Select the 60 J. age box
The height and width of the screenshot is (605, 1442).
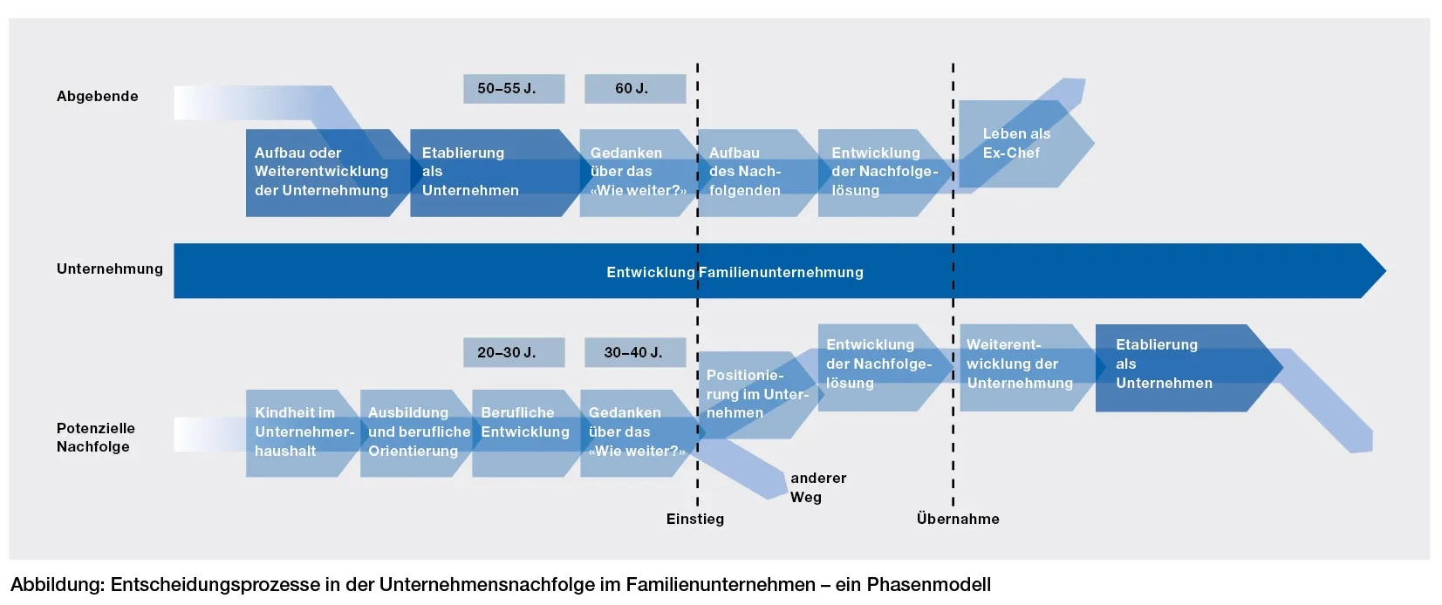point(634,89)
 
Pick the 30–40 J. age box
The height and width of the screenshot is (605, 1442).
point(634,352)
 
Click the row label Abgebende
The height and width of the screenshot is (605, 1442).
point(97,96)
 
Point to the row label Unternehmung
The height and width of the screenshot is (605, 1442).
point(109,269)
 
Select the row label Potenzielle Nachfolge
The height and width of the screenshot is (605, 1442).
point(95,438)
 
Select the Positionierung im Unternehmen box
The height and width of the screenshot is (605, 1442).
point(752,394)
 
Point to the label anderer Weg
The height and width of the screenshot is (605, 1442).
point(817,487)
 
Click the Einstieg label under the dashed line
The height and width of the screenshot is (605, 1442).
point(694,519)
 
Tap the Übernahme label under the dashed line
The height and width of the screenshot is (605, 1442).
point(957,519)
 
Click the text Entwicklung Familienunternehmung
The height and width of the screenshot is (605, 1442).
point(735,272)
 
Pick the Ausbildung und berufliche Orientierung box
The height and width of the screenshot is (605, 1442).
point(417,432)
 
